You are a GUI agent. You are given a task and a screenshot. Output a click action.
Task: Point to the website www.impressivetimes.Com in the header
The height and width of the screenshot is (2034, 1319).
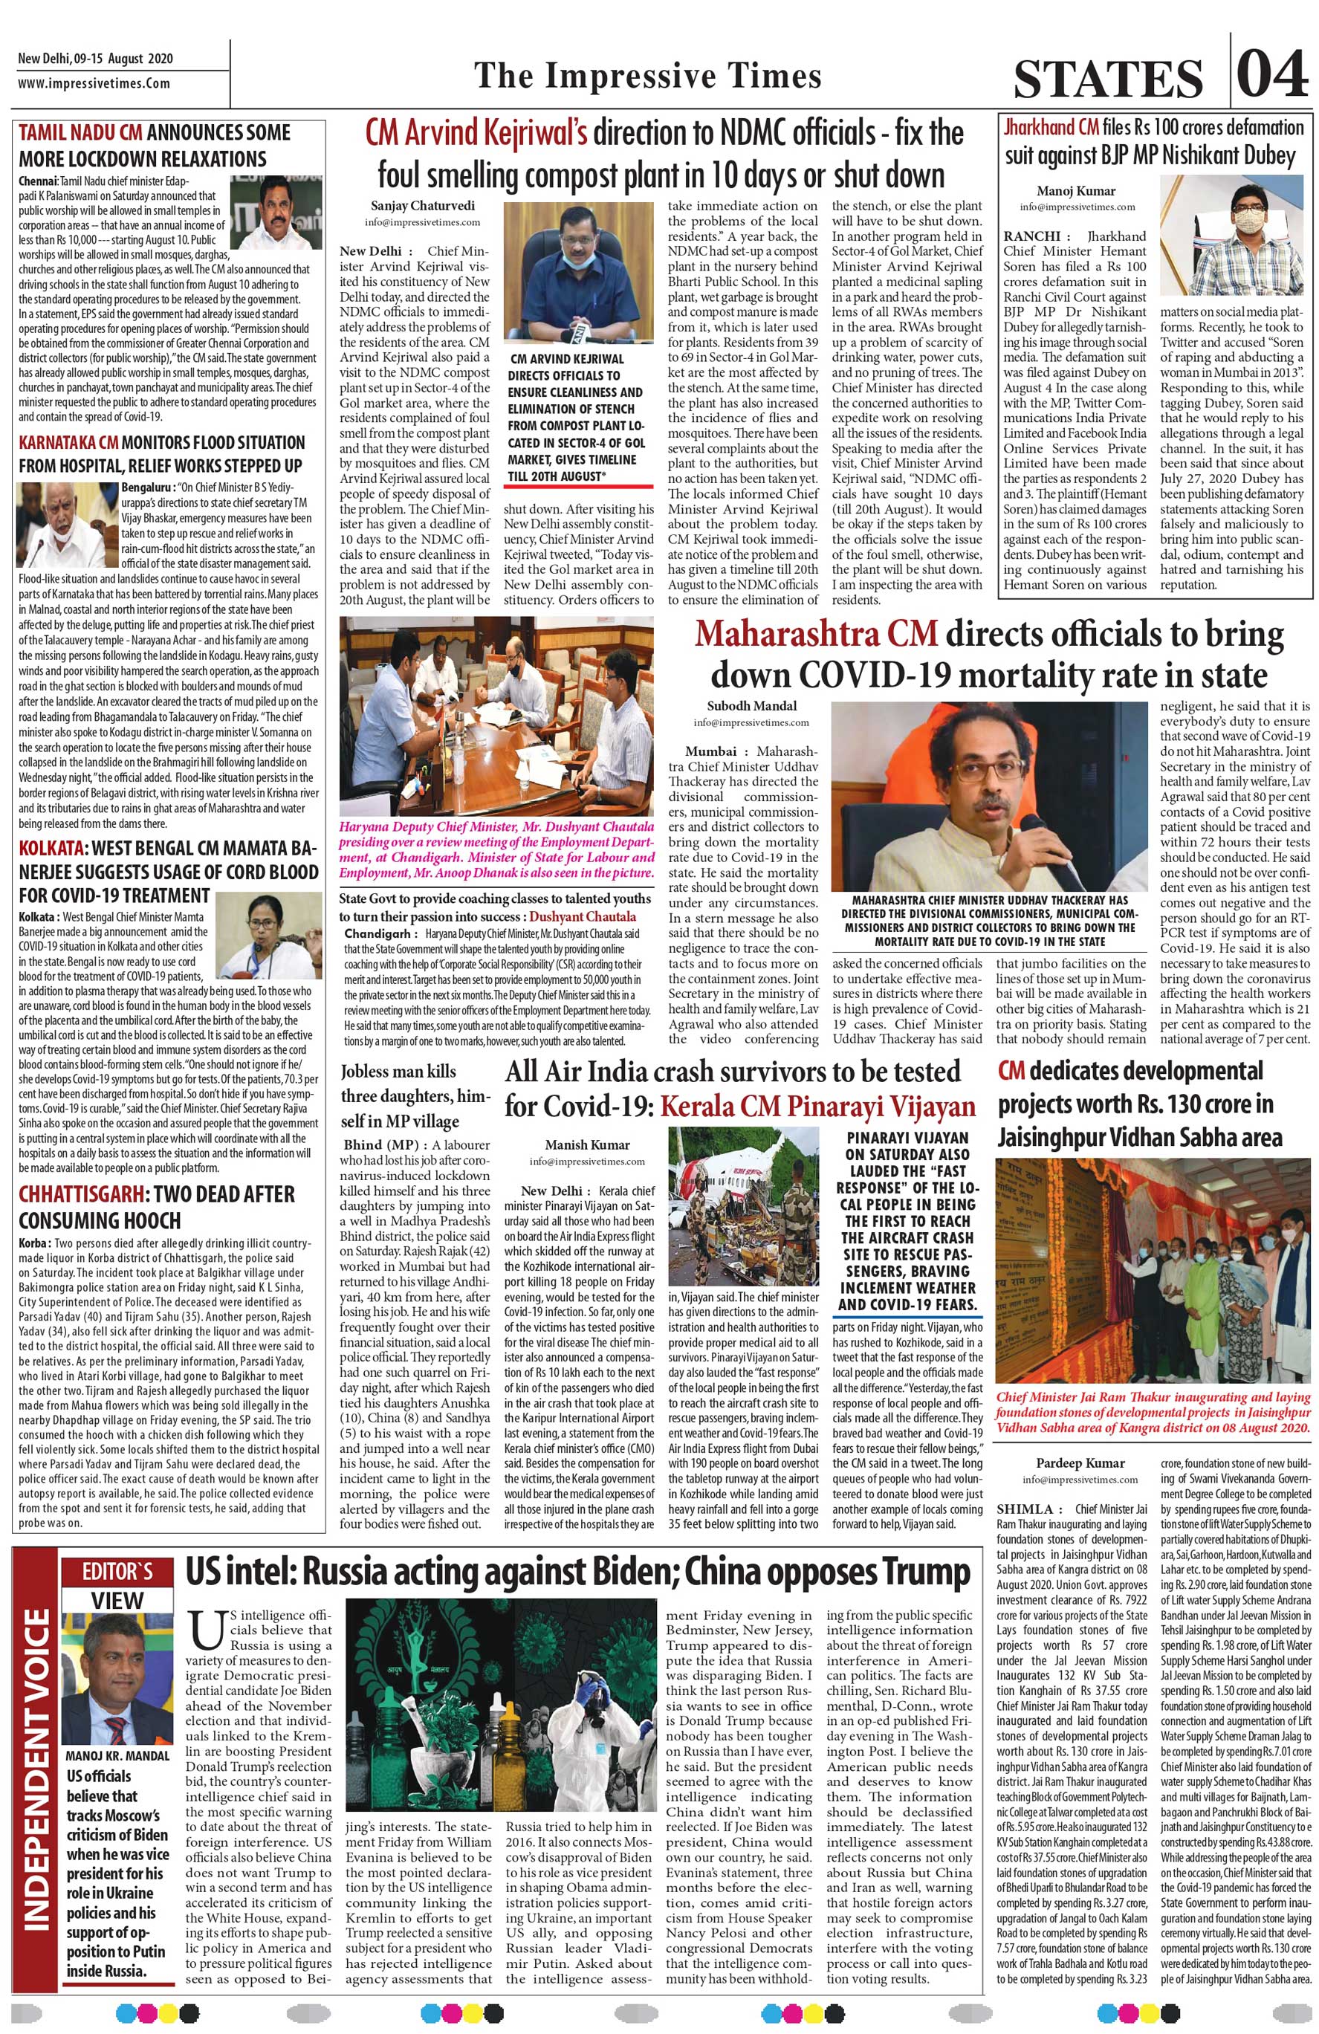click(94, 84)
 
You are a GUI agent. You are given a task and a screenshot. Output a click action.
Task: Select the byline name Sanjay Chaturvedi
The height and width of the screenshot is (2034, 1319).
click(411, 205)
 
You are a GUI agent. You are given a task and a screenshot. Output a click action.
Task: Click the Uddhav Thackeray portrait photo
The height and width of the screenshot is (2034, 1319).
click(991, 795)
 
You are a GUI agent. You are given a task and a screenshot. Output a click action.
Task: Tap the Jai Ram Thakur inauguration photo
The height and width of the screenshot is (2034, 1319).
click(1154, 1269)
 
